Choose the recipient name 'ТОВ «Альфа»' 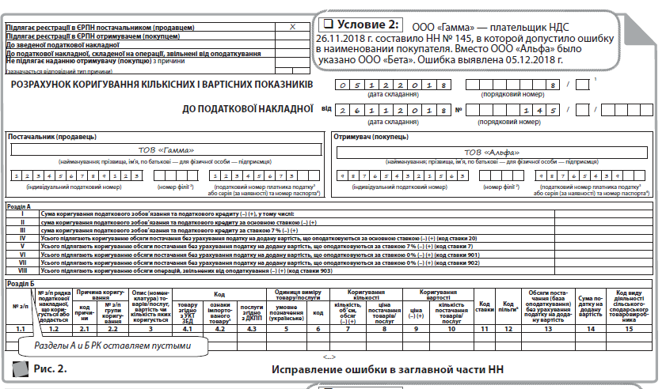492,153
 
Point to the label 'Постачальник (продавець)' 53,137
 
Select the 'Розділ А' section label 19,205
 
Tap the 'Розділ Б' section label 19,282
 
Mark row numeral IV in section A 23,238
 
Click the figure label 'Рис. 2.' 50,368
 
